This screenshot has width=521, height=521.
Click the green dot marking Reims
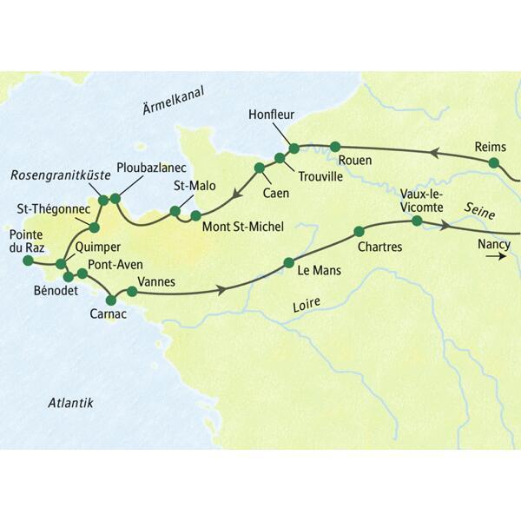click(493, 162)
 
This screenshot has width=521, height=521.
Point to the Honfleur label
click(271, 114)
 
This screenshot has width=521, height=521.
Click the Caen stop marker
click(259, 167)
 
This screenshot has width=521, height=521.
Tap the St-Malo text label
click(191, 185)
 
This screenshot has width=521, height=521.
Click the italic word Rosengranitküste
click(60, 175)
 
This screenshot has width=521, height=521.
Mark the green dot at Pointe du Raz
click(28, 260)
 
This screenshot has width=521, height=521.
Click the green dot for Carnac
click(110, 300)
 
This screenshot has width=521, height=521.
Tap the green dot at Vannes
click(132, 291)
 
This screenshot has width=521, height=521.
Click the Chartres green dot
click(358, 232)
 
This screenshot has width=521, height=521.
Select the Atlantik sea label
click(71, 402)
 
